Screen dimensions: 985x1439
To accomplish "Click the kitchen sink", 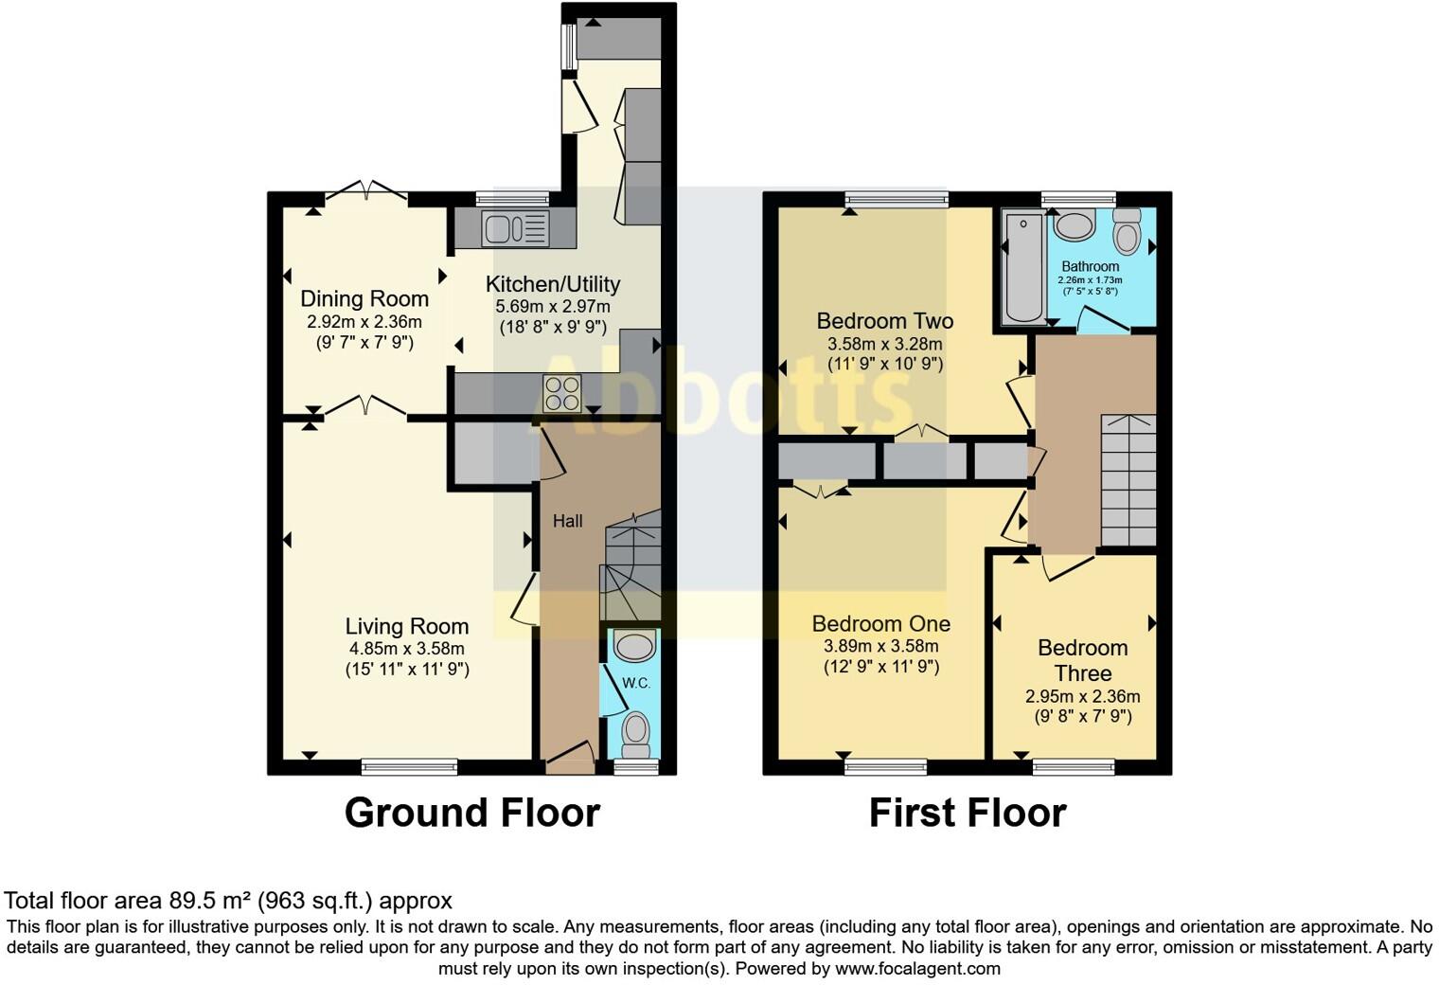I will pos(515,228).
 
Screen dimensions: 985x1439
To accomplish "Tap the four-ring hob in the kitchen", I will pos(560,394).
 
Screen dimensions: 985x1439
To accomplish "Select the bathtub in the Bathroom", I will pos(1024,267).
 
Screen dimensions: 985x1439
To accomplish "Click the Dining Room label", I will pos(364,298).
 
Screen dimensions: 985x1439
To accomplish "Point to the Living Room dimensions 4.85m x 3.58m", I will pos(407,649).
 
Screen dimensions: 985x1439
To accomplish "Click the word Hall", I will pos(568,521).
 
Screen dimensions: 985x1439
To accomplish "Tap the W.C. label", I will pos(636,683).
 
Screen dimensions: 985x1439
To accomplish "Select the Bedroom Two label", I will pos(884,321).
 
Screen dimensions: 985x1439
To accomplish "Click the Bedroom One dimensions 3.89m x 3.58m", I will pos(880,647).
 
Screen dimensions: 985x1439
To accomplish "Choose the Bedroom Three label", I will pos(1082,660).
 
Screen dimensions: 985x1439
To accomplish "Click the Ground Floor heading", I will pos(471,813).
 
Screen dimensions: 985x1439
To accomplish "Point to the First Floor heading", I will pos(968,813).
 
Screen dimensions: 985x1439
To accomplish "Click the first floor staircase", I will pos(1128,480).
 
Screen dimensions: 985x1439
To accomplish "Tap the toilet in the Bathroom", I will pos(1127,232).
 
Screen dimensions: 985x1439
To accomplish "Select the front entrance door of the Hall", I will pos(570,758).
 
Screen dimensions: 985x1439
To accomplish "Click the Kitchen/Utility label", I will pos(553,284).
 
